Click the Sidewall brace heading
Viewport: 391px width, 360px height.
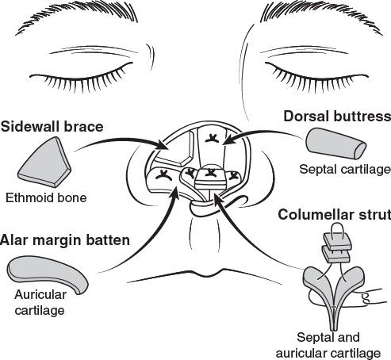[52, 127]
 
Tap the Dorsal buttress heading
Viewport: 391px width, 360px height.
[337, 117]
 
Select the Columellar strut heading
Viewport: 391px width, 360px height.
[335, 215]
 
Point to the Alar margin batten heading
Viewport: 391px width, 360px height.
[65, 240]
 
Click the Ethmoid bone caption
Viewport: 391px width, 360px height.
[46, 197]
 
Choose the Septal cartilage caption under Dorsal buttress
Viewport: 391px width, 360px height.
[345, 170]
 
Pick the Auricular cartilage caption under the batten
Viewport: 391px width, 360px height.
[40, 302]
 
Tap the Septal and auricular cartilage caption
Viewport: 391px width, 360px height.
[328, 345]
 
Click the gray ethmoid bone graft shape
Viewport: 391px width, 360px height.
[45, 162]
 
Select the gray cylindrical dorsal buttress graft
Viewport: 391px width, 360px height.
[335, 144]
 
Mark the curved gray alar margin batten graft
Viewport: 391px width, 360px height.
[48, 274]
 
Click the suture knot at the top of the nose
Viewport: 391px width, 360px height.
[212, 139]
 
